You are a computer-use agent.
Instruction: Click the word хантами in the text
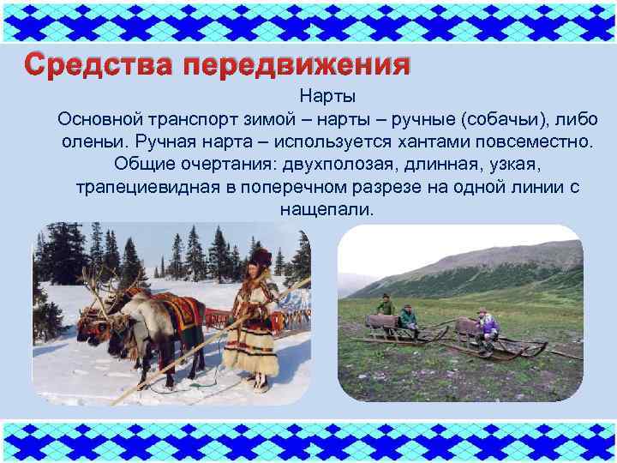431,141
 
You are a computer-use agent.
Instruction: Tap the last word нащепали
326,208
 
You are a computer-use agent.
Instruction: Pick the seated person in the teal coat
409,322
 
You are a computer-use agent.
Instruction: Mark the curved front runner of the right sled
538,347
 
